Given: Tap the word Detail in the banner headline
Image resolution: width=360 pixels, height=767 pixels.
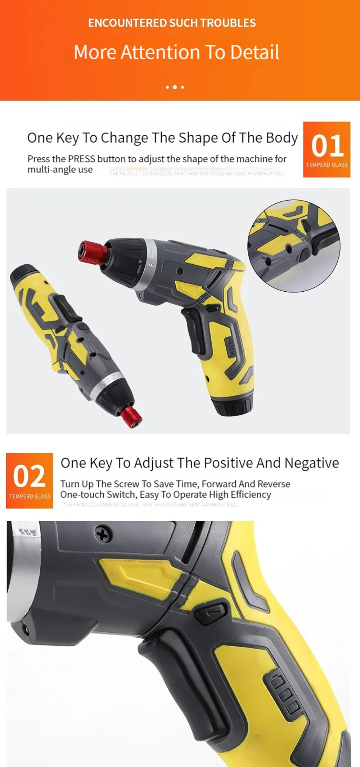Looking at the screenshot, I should [x=255, y=52].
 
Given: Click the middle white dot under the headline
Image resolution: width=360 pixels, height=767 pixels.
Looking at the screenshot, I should [x=175, y=87].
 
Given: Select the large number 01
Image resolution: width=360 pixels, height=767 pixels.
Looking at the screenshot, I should [x=327, y=146].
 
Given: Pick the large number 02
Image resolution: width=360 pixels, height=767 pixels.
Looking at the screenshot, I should [x=29, y=476].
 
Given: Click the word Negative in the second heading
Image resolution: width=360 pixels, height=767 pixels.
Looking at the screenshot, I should [x=311, y=463].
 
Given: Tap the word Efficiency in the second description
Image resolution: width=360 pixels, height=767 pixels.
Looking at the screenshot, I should [x=251, y=495].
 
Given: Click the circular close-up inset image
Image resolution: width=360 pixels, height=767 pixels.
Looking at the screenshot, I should [x=293, y=246].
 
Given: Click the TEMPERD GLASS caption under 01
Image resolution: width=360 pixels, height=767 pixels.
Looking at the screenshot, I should [x=327, y=165].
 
